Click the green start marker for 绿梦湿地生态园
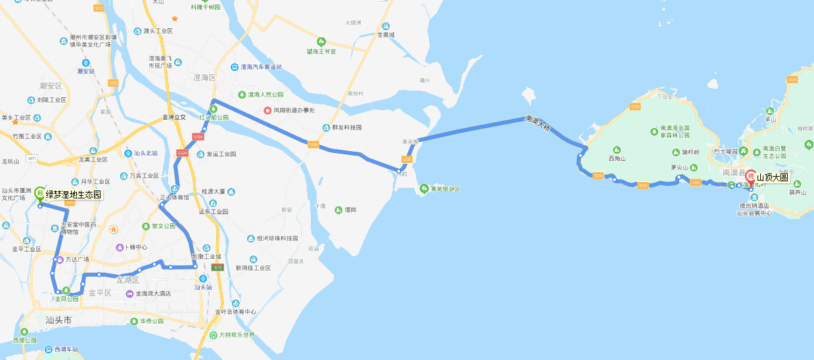pyautogui.click(x=40, y=193)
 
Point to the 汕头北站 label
pyautogui.click(x=145, y=153)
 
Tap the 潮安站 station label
pyautogui.click(x=85, y=71)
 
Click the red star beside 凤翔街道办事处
pyautogui.click(x=267, y=110)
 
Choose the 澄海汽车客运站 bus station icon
pyautogui.click(x=234, y=67)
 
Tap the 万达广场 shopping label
pyautogui.click(x=77, y=259)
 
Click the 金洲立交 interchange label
pyautogui.click(x=174, y=118)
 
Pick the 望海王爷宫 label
pyautogui.click(x=321, y=51)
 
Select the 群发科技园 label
pyautogui.click(x=347, y=127)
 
